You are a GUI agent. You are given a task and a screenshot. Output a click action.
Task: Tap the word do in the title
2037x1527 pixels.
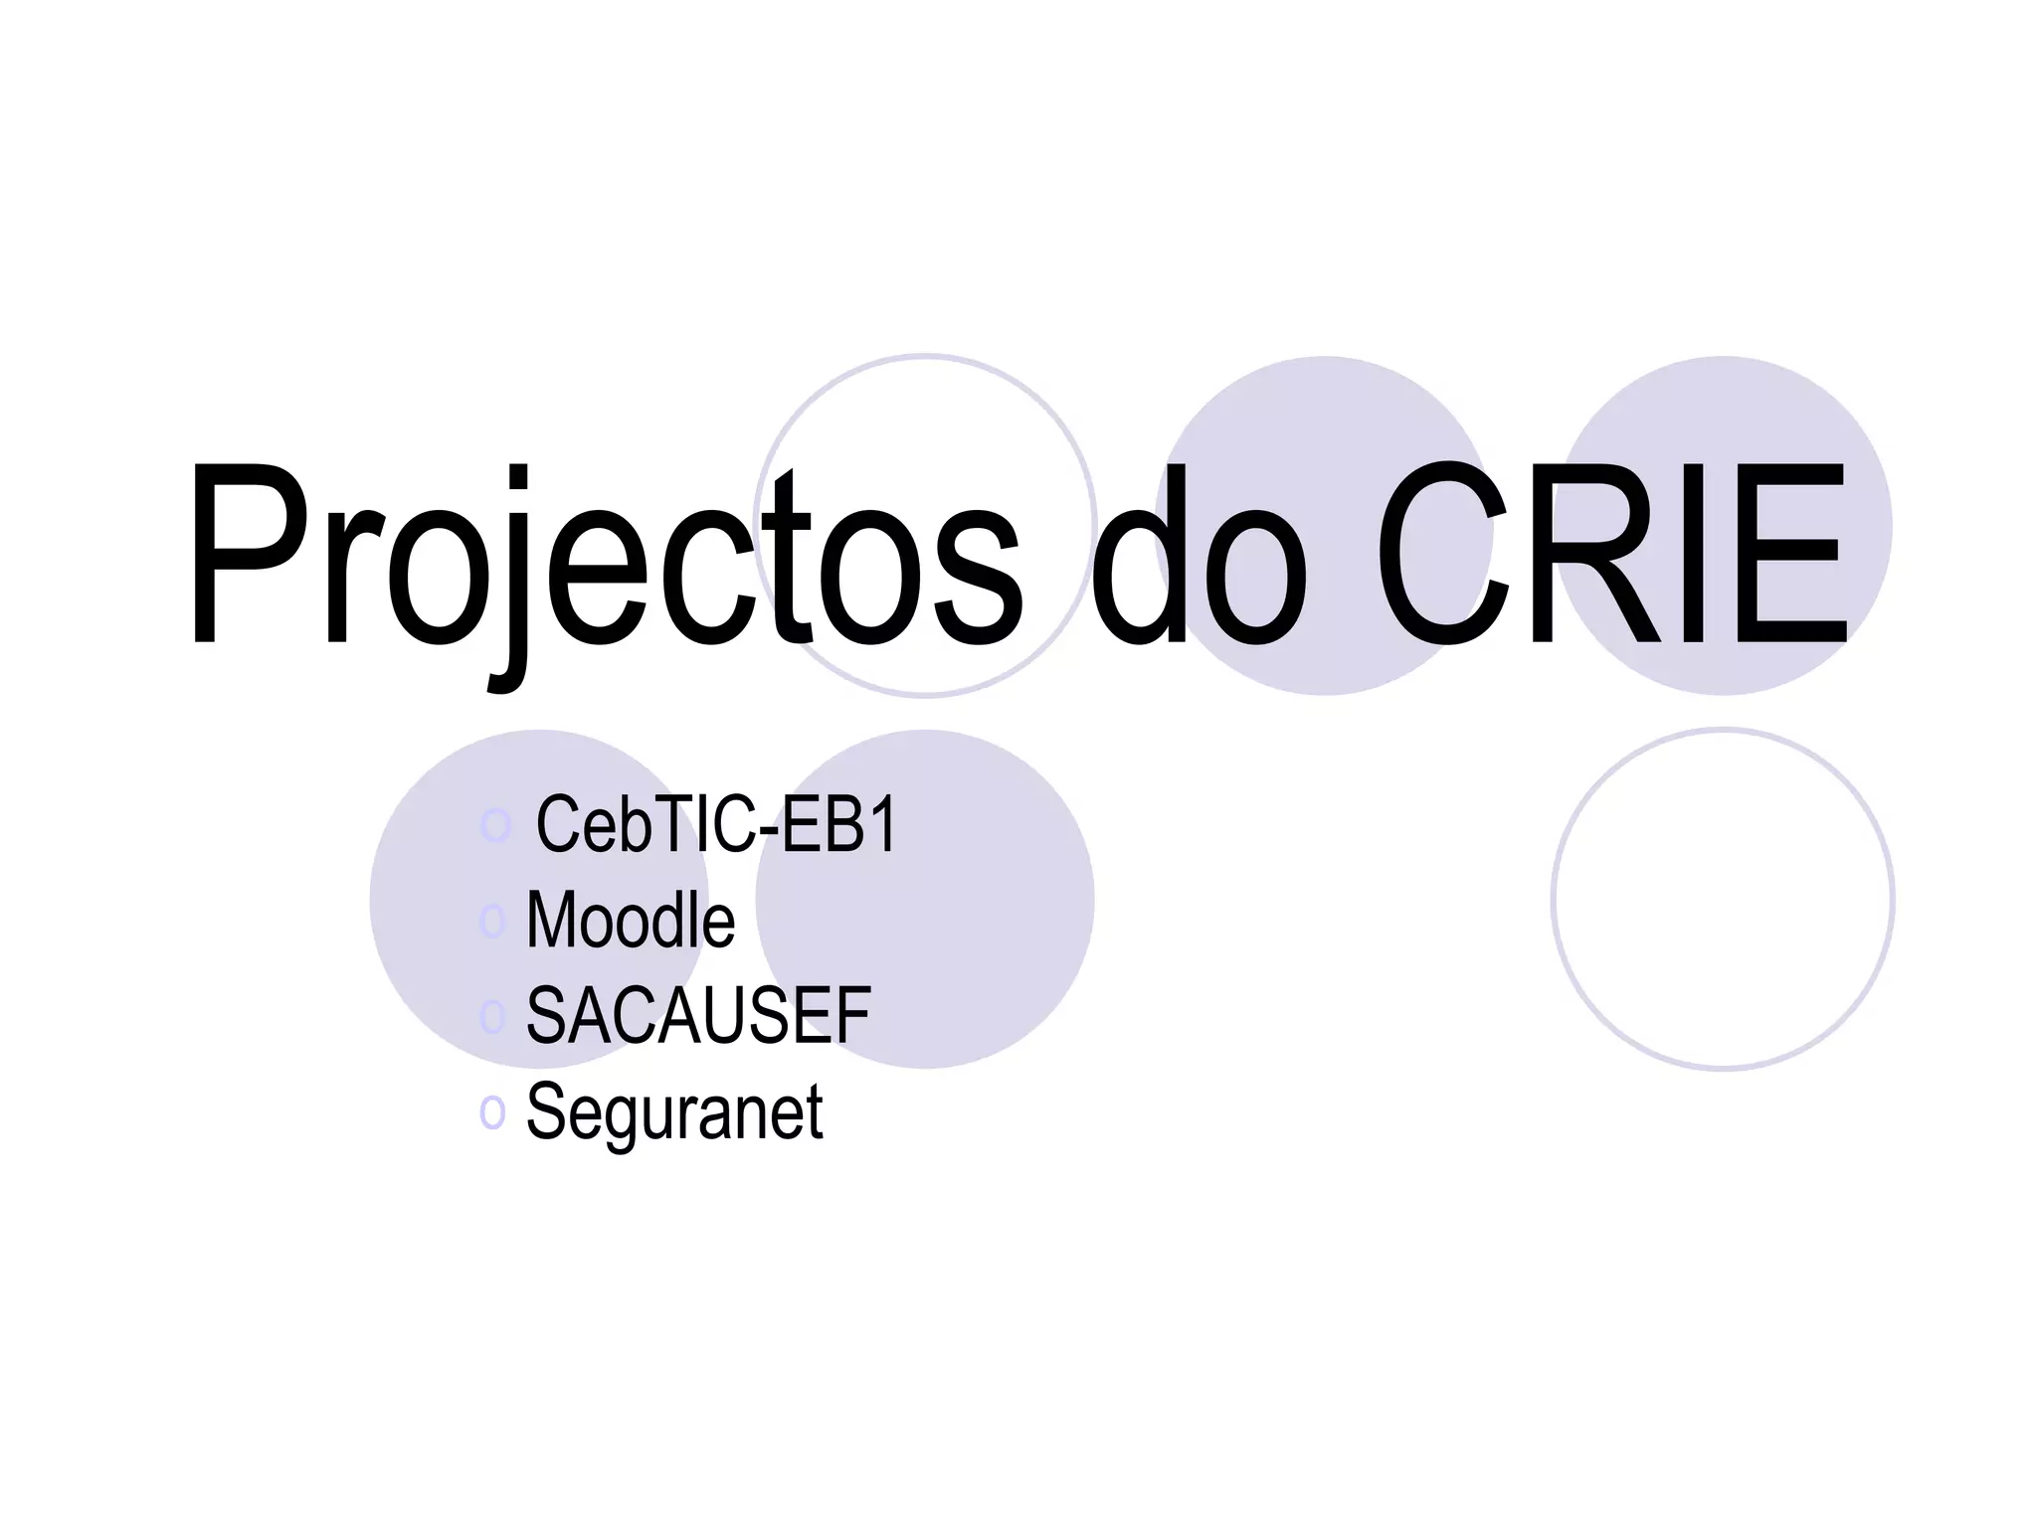tap(1198, 557)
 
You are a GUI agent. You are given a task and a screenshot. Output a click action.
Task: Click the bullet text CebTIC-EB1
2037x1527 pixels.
tap(716, 824)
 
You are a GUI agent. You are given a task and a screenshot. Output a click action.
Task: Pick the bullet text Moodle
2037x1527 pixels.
tap(631, 921)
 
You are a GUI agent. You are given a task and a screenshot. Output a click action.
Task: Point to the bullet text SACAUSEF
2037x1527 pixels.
tap(698, 1016)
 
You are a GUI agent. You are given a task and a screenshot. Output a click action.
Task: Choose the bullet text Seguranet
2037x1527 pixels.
tap(674, 1111)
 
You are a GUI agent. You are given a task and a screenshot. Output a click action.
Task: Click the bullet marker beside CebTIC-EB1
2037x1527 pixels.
tap(494, 824)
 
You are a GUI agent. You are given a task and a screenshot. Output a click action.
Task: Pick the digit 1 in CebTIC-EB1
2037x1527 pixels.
tap(882, 824)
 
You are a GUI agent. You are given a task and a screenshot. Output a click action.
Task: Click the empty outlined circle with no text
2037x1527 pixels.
tap(1723, 899)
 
